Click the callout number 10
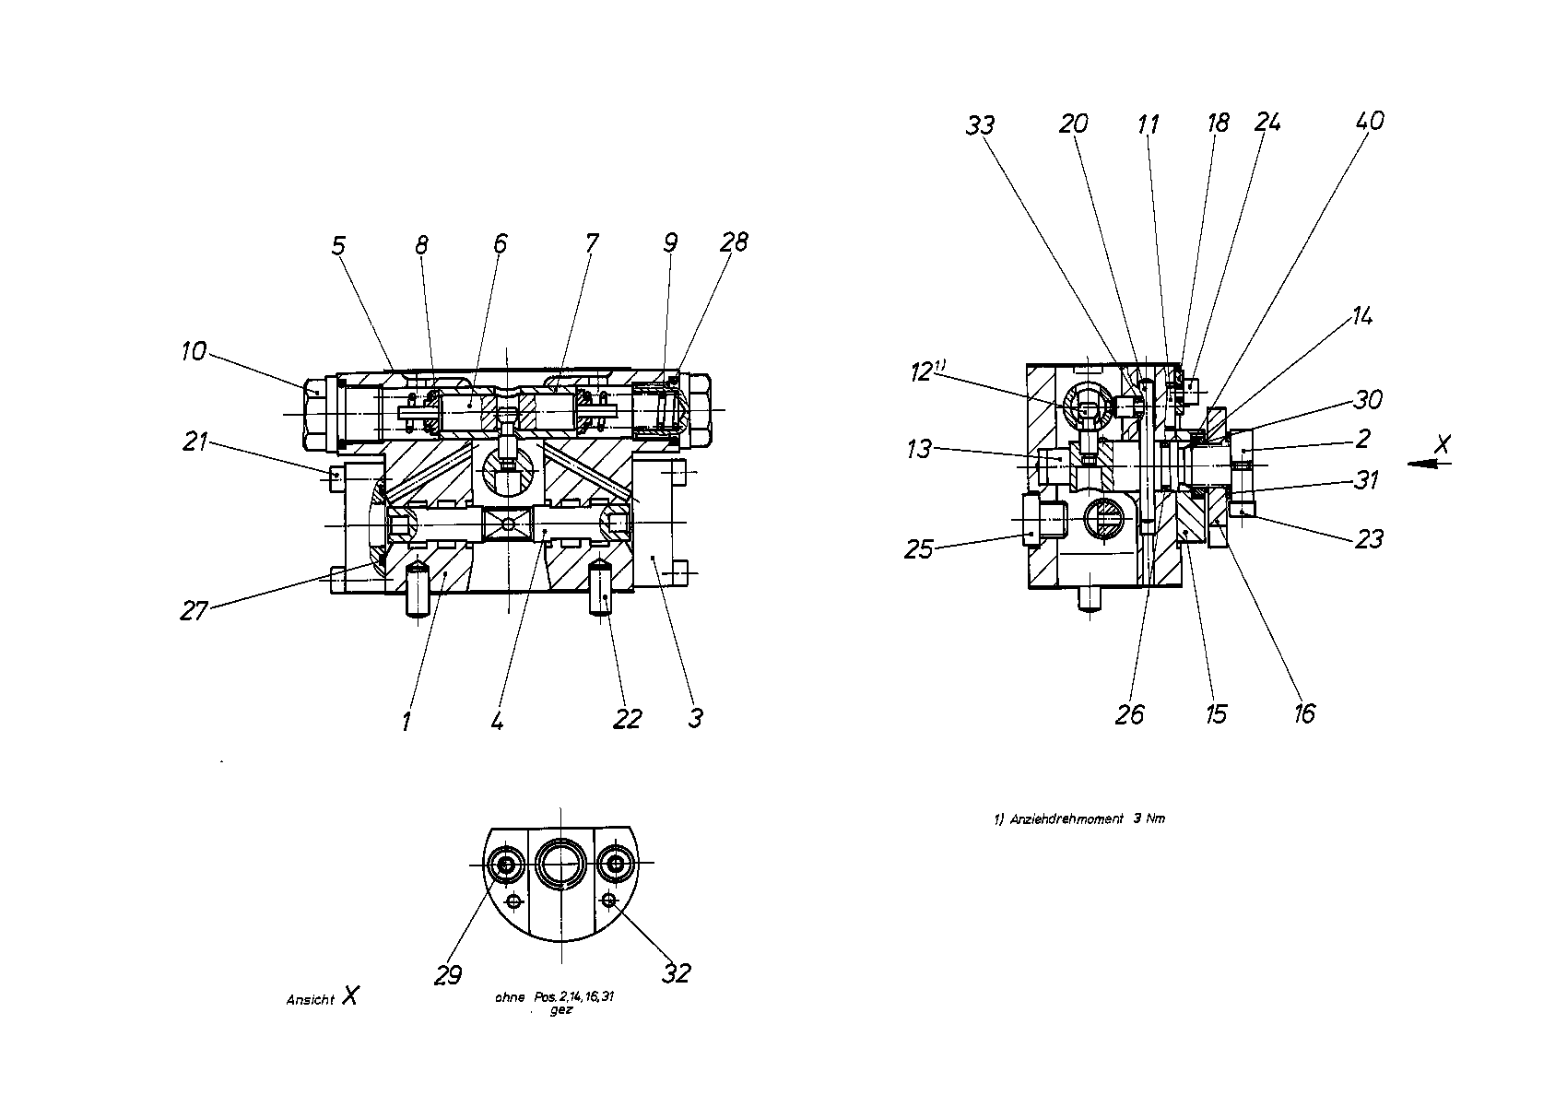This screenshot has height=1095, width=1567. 194,351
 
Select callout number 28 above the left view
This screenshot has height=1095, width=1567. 734,242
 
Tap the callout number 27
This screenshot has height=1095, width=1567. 194,611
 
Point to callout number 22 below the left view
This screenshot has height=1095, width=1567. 627,719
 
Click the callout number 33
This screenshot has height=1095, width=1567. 980,125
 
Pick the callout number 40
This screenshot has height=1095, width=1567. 1370,121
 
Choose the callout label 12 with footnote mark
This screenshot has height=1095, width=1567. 927,371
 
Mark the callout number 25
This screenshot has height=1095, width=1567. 918,549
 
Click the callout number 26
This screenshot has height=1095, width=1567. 1130,714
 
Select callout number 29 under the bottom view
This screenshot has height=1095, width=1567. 448,974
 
